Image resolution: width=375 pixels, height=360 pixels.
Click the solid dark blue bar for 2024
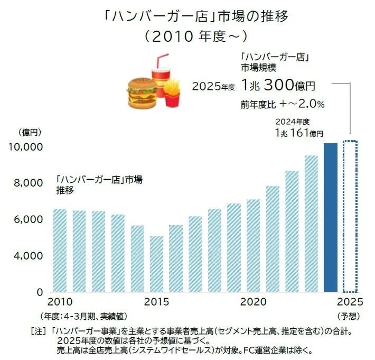331,217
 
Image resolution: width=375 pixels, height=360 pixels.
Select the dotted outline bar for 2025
350,216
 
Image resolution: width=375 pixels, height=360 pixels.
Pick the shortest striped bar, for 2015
156,264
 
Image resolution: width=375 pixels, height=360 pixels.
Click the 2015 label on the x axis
156,302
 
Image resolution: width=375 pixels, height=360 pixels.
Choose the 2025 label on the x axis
350,302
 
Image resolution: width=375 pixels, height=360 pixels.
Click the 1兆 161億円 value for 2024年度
298,133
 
